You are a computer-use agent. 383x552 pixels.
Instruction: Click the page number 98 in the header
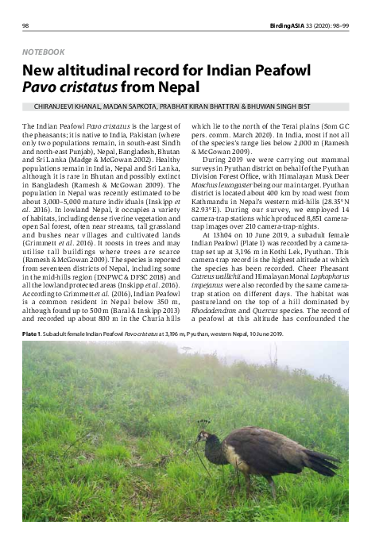point(26,25)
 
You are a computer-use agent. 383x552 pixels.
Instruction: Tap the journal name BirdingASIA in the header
point(303,25)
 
